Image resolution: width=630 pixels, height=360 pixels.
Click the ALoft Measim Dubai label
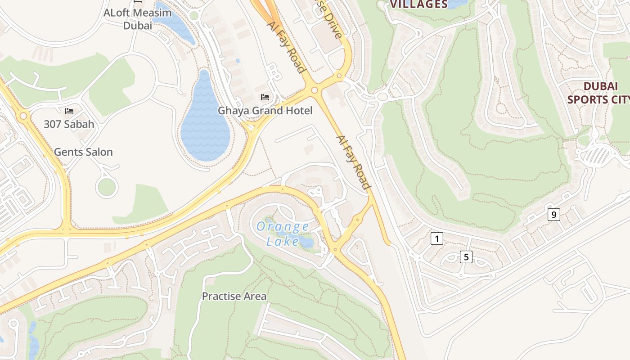point(138,19)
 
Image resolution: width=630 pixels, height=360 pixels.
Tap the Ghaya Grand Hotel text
point(265,110)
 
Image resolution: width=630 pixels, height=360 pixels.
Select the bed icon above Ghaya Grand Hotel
point(265,97)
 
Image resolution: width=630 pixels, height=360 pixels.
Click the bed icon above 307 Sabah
point(69,111)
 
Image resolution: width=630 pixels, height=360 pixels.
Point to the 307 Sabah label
point(69,124)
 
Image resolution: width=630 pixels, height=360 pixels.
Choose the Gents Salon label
point(83,152)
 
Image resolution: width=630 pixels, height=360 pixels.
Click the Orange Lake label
point(283,234)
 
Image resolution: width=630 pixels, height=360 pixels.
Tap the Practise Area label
point(234,296)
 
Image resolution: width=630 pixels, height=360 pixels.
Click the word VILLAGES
point(418,4)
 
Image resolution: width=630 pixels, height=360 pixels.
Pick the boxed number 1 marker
point(436,238)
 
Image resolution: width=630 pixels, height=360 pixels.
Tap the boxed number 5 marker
point(466,257)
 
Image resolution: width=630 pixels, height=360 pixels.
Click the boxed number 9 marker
point(553,215)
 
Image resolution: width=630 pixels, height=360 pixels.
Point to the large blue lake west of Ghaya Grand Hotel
point(205,121)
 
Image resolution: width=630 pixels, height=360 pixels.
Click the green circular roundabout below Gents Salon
point(107,187)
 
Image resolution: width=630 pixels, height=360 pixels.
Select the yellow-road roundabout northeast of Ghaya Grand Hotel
point(314,90)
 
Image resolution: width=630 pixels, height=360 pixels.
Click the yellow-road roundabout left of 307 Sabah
point(23,116)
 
